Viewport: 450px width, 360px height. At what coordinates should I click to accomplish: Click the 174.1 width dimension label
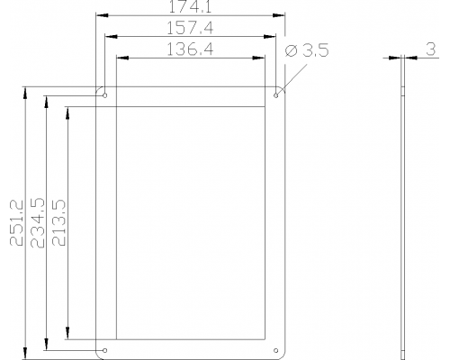(190, 6)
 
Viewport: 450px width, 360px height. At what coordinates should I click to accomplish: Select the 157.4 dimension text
(190, 28)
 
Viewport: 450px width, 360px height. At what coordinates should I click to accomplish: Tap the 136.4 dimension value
(190, 49)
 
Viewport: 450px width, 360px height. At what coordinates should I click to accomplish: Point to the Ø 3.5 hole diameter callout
(307, 50)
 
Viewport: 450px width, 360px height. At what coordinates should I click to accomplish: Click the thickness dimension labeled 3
(431, 49)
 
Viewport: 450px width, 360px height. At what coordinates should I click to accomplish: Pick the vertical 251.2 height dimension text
(16, 223)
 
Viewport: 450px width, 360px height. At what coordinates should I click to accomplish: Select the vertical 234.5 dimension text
(38, 223)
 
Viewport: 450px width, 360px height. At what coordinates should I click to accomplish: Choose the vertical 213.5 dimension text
(58, 223)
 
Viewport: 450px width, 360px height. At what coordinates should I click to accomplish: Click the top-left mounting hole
(105, 95)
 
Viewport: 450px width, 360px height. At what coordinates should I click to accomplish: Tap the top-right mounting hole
(276, 95)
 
